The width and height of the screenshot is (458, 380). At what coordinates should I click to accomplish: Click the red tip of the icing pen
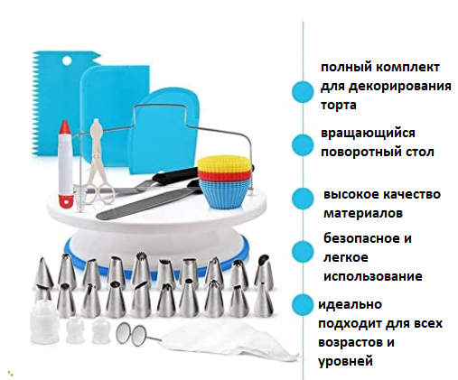click(65, 128)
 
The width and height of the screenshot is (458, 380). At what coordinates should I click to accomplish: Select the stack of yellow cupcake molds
click(224, 163)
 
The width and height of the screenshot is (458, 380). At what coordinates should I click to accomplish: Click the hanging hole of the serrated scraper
click(67, 60)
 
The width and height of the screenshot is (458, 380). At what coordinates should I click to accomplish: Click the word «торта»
click(339, 106)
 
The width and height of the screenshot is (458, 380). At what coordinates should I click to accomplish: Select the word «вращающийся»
click(368, 133)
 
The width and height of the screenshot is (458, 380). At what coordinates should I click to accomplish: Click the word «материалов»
click(363, 213)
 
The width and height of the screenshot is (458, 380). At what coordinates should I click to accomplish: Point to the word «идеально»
click(350, 304)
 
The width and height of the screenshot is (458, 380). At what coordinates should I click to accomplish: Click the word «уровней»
click(345, 361)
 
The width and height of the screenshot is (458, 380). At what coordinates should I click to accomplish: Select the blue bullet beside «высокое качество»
click(303, 199)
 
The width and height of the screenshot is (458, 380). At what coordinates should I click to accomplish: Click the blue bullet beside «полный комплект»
click(303, 92)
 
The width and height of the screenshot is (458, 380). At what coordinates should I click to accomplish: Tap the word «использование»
click(373, 276)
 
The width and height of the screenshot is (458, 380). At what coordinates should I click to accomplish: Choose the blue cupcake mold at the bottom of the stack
click(225, 194)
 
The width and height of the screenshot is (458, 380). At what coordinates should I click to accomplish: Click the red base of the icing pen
click(66, 201)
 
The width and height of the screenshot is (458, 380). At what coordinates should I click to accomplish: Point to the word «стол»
click(419, 152)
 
